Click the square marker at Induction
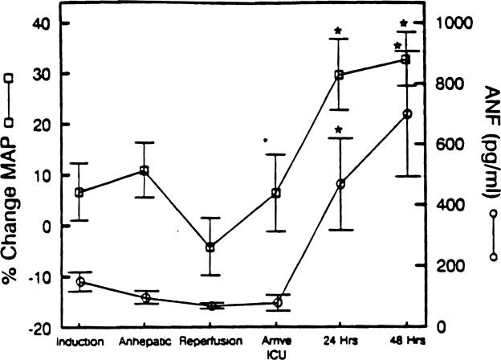pyautogui.click(x=79, y=193)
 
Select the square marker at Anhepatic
pyautogui.click(x=145, y=170)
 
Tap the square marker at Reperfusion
pyautogui.click(x=210, y=247)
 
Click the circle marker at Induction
pyautogui.click(x=79, y=282)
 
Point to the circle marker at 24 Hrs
pyautogui.click(x=340, y=184)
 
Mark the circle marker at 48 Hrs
pyautogui.click(x=406, y=114)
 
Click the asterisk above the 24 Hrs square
pyautogui.click(x=339, y=32)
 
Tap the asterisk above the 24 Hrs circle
pyautogui.click(x=339, y=130)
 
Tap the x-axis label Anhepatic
pyautogui.click(x=145, y=341)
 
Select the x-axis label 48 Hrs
pyautogui.click(x=407, y=341)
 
